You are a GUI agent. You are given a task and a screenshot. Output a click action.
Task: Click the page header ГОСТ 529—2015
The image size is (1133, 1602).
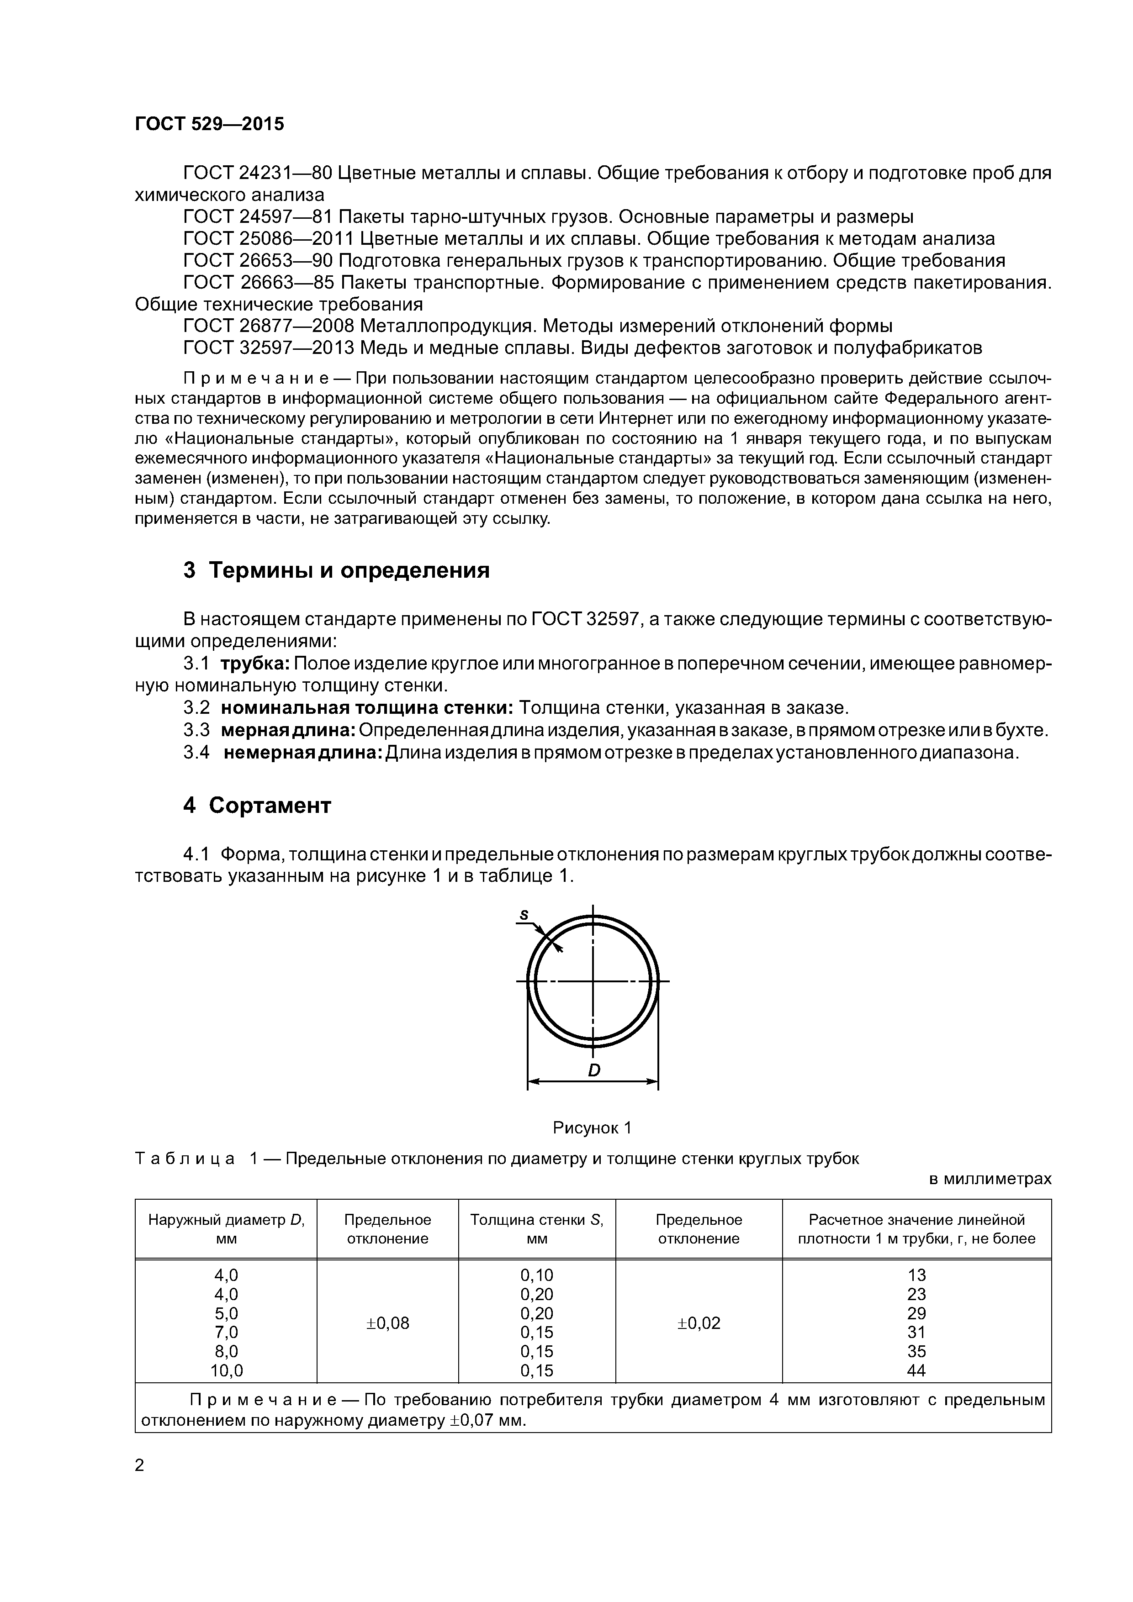[209, 124]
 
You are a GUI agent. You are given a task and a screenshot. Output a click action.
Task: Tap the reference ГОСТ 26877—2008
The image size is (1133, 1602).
[269, 326]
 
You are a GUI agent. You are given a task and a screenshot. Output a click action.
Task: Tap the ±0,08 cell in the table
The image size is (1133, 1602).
[387, 1323]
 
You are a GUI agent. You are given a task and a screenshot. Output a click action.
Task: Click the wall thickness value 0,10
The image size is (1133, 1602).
[536, 1275]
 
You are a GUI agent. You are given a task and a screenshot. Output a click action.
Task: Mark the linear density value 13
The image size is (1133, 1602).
[916, 1275]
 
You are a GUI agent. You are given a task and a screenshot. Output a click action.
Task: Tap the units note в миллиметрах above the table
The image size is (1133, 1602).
[990, 1179]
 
